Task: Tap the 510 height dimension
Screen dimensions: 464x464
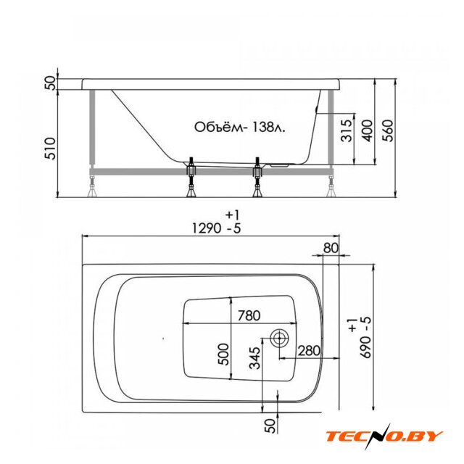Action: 50,149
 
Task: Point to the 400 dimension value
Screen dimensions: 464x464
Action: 367,130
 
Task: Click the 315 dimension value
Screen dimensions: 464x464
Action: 347,130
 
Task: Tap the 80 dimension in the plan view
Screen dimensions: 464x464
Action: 331,248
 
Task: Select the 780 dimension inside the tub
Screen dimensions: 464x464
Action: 249,315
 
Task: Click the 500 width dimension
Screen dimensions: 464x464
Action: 223,354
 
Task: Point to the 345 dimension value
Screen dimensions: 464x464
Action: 254,357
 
